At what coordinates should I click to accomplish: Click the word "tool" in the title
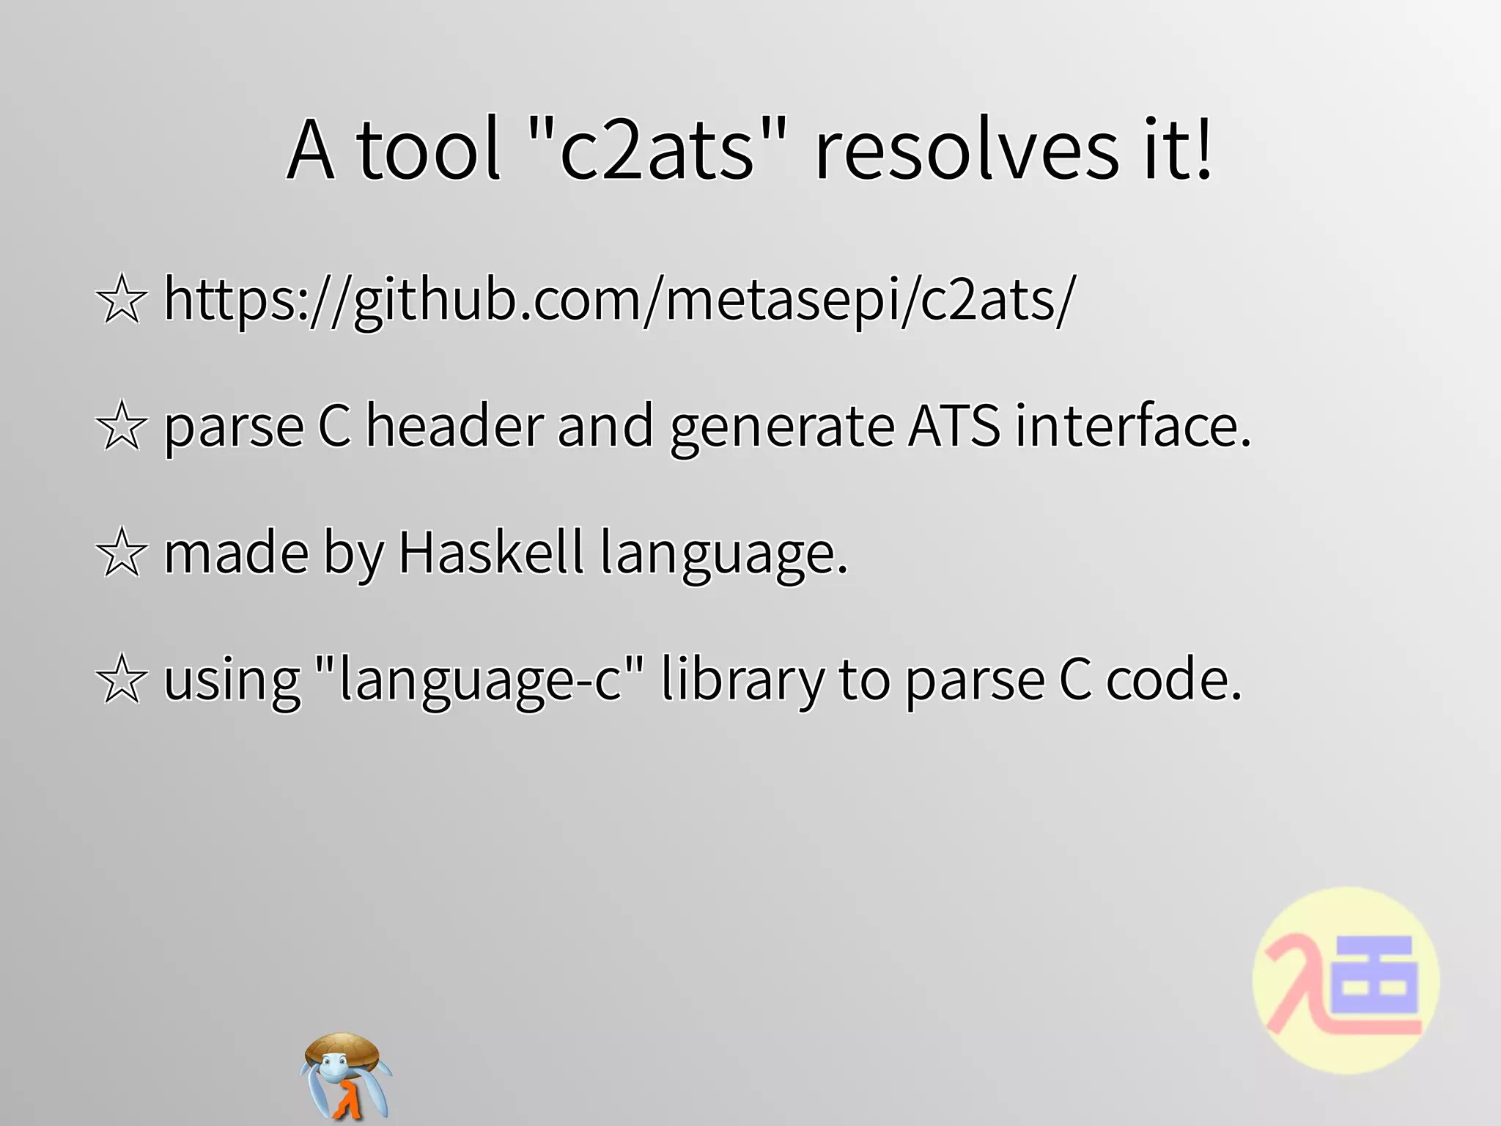click(428, 150)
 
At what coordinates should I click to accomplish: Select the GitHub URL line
click(619, 301)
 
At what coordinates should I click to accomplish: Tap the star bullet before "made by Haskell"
click(121, 553)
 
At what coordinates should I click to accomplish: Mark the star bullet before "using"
click(121, 680)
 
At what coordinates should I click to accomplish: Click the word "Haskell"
click(490, 553)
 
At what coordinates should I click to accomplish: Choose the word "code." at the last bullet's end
click(1173, 680)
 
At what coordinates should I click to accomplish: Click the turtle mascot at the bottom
click(344, 1074)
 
